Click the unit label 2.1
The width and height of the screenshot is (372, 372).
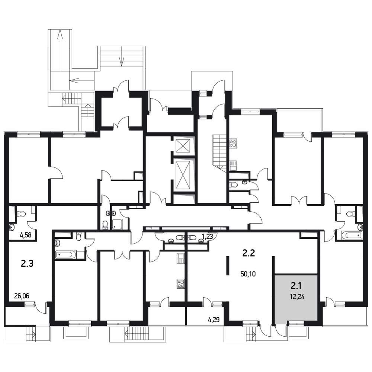tap(296, 286)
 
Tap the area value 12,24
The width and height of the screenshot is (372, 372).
tap(297, 296)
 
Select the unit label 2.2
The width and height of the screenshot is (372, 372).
tap(248, 253)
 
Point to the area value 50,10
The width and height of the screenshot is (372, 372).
tap(248, 274)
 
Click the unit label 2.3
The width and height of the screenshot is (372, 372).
tap(27, 264)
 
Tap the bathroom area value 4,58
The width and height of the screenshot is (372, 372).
tap(26, 236)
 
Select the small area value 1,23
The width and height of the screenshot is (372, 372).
tap(208, 236)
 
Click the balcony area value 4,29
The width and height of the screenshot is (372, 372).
tap(214, 320)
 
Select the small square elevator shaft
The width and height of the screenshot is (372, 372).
tap(183, 146)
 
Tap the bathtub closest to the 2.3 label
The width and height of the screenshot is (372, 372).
tap(65, 255)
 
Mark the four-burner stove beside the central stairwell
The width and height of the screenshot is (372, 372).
tap(233, 144)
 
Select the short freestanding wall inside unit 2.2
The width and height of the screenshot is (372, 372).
tap(228, 266)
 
